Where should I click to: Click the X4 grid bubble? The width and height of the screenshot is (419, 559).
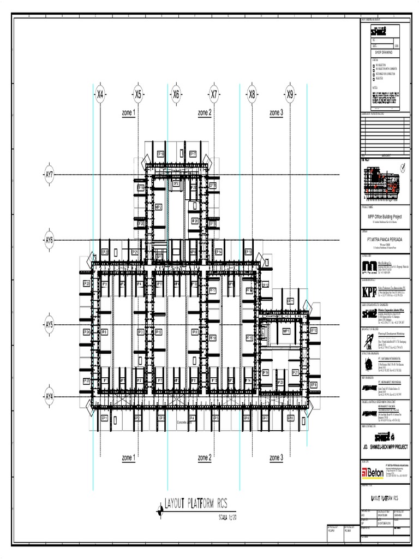tap(100, 94)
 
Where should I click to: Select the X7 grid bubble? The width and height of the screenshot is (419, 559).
tap(214, 94)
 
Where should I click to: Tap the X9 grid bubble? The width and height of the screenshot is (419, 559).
tap(290, 94)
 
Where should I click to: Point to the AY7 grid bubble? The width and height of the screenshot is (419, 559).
tap(49, 175)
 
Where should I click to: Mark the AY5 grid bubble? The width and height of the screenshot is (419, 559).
tap(49, 325)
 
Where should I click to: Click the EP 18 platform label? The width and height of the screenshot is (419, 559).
tap(161, 154)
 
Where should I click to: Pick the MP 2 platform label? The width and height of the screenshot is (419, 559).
tap(159, 207)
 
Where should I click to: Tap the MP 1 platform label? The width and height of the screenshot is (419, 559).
tap(285, 331)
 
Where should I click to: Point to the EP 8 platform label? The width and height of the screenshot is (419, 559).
tap(290, 419)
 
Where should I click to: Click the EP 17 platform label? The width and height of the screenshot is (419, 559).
tap(193, 154)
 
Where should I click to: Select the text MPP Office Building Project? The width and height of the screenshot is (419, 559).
tap(384, 217)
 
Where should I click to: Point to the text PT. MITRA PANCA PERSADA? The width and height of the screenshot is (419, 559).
tap(384, 239)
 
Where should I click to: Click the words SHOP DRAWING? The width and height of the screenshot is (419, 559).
tap(382, 52)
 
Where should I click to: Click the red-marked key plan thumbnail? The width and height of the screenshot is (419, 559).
tap(384, 182)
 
